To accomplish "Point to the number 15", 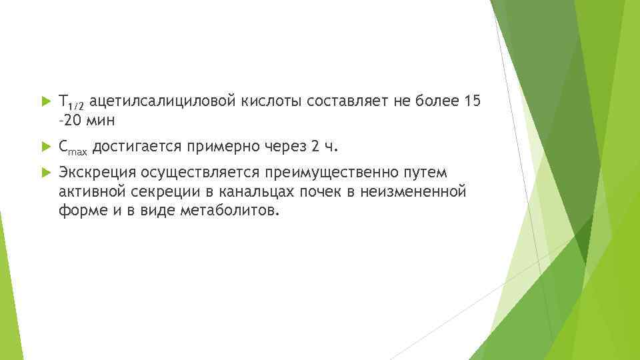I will click(471, 101).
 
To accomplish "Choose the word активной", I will click(88, 193).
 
